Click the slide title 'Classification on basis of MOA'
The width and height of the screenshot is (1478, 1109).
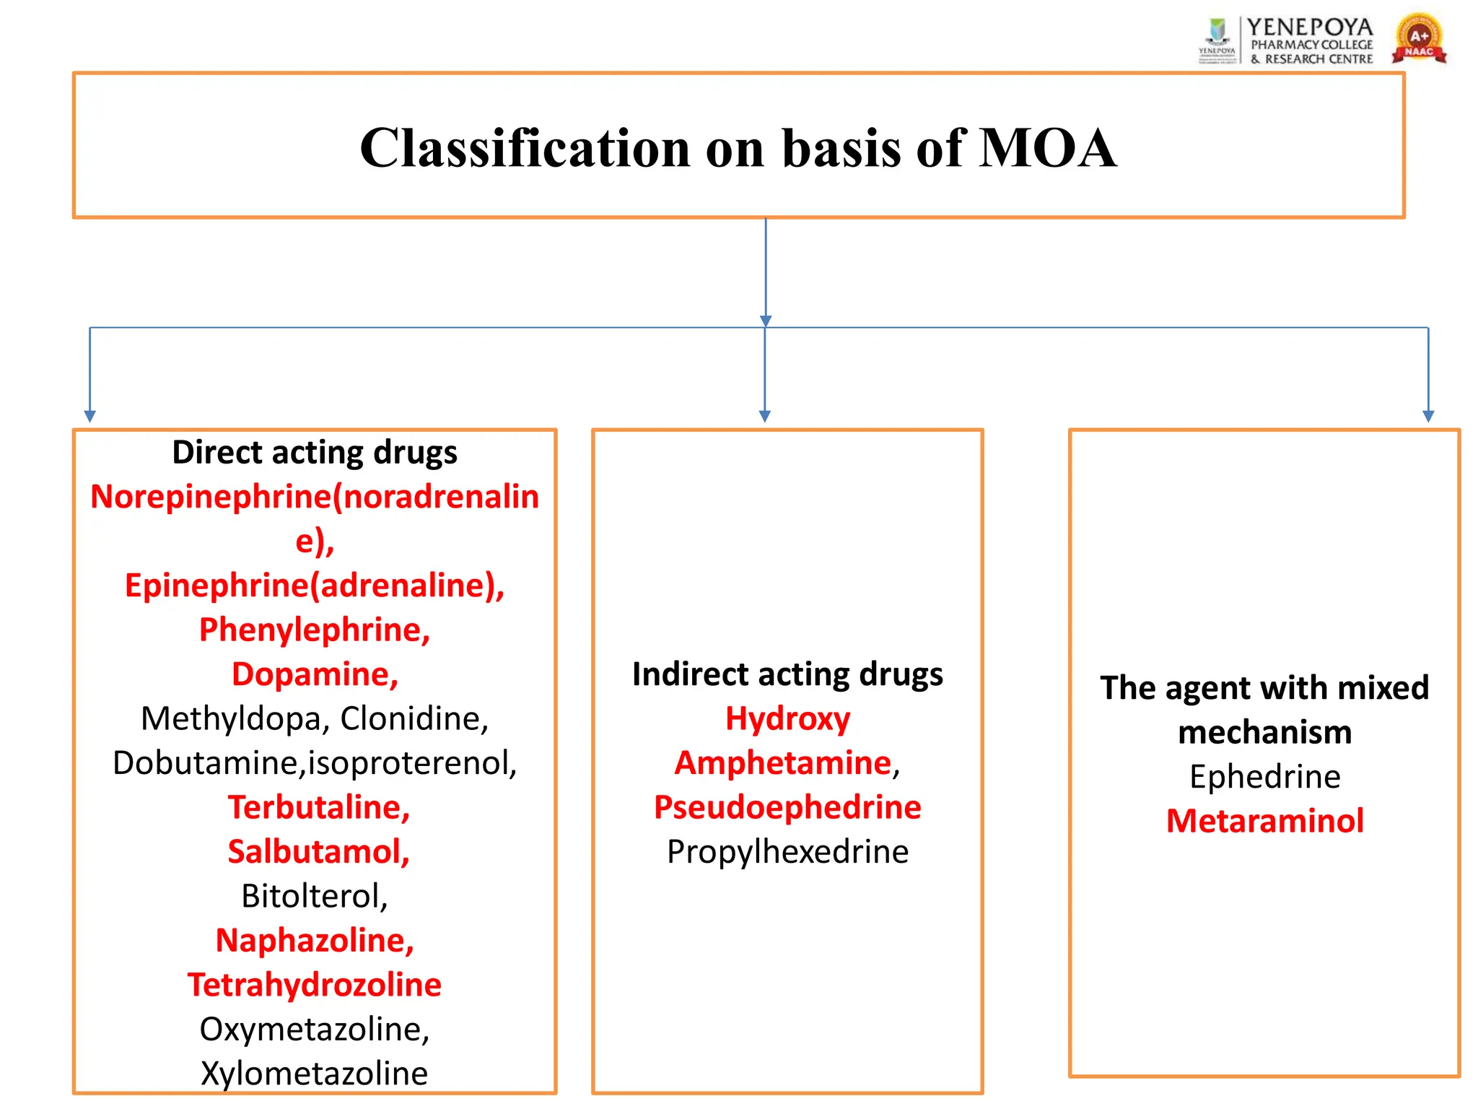(738, 148)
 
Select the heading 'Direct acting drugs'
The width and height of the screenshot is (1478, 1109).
(315, 453)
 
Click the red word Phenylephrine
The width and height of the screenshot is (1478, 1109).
(314, 630)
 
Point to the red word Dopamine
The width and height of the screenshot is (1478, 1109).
(314, 674)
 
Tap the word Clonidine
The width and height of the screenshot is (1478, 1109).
(414, 719)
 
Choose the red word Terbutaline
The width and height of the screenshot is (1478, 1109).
(318, 807)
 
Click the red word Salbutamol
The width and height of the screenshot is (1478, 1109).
(318, 852)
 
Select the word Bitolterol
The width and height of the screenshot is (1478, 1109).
(314, 897)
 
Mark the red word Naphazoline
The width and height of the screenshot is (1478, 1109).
(315, 941)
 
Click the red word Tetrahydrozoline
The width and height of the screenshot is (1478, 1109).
(314, 985)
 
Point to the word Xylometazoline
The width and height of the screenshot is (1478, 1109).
(314, 1074)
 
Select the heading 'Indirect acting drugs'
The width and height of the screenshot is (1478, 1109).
(787, 674)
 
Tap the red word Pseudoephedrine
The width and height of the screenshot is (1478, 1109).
(787, 807)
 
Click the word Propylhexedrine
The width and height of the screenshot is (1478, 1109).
(787, 852)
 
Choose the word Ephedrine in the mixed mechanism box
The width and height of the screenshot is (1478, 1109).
(1264, 777)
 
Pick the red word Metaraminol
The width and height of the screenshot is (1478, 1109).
(1264, 821)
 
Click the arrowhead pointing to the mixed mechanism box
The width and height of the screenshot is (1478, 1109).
(1427, 417)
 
